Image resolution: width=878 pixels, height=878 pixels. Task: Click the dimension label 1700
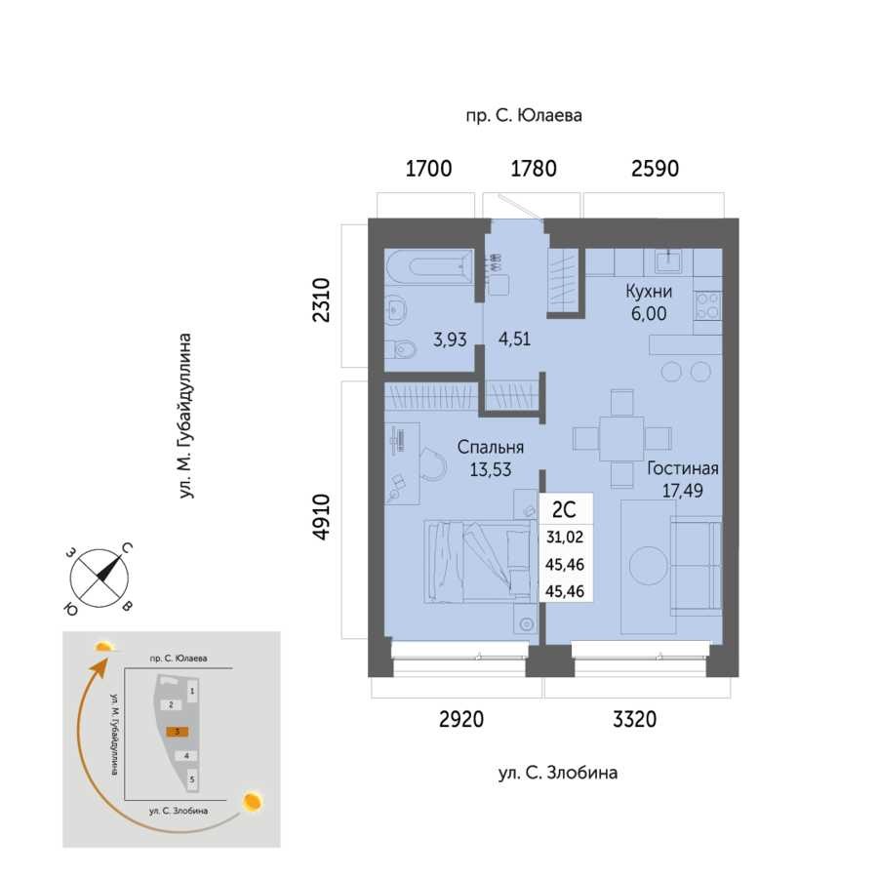tap(428, 169)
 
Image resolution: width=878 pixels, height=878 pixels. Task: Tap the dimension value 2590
tap(655, 169)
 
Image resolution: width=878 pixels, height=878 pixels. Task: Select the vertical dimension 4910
tap(321, 517)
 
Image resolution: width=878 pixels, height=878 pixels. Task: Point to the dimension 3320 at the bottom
tap(634, 719)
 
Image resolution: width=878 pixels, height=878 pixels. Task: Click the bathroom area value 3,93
tap(450, 339)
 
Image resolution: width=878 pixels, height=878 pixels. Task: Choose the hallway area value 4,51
tap(514, 339)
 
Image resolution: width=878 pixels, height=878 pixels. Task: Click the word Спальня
tap(491, 447)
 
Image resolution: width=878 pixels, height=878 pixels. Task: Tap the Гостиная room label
tap(683, 468)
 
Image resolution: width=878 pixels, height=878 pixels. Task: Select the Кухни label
tap(649, 291)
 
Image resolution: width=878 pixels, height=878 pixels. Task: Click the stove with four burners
tap(708, 305)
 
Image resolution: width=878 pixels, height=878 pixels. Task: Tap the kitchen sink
tap(668, 260)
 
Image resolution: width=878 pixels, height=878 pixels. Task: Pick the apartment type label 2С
tap(564, 509)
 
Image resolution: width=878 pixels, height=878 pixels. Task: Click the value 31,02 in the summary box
tap(565, 538)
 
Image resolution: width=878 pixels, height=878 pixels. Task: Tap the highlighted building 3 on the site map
tap(178, 732)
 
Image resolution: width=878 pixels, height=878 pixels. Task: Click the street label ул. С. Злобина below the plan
tap(558, 773)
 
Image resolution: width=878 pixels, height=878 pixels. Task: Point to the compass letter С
tap(127, 548)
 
